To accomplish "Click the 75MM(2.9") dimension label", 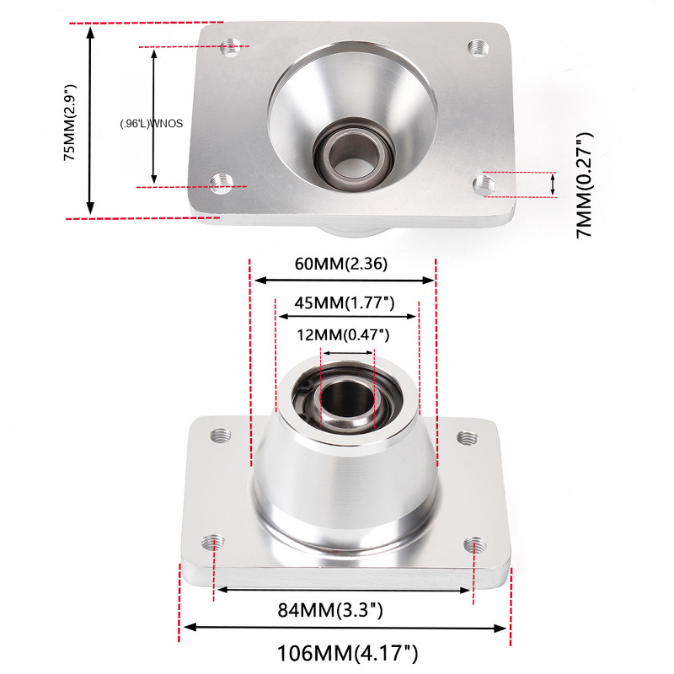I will pos(70,121).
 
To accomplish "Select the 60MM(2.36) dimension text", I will pos(340,263).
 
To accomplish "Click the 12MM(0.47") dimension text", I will pos(342,334).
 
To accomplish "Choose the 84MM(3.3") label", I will pos(330,609).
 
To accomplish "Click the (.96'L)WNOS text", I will pos(151,123).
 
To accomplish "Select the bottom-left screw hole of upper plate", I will pos(222,182).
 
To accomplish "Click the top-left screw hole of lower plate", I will pos(221,436).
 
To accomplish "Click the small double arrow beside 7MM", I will pos(553,185).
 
